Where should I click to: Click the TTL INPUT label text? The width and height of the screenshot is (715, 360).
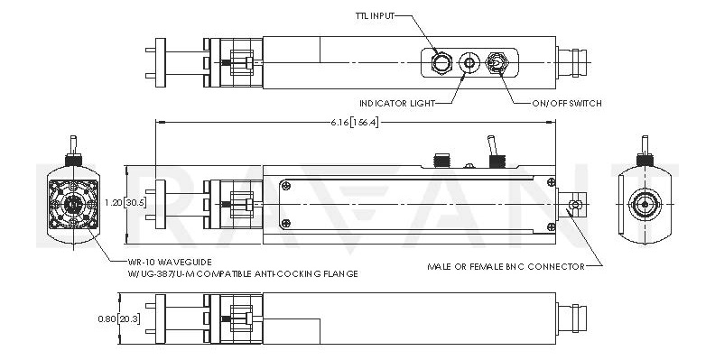pos(374,16)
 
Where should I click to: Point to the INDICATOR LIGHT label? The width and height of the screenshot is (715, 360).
pos(397,104)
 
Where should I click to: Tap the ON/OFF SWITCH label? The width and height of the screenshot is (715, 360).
pos(567,104)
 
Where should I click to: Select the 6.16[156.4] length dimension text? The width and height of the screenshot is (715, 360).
pos(355,123)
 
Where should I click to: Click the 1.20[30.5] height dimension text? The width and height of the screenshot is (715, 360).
pos(125,203)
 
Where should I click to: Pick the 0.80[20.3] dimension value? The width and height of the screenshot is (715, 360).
pos(119,319)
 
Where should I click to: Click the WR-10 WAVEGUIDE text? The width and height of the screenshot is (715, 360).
pos(170,262)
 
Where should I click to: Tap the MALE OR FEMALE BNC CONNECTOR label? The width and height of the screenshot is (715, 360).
pos(506,266)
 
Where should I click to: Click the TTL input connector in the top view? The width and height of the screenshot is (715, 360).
pos(441,62)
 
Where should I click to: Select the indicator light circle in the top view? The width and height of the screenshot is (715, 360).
pos(469,62)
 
